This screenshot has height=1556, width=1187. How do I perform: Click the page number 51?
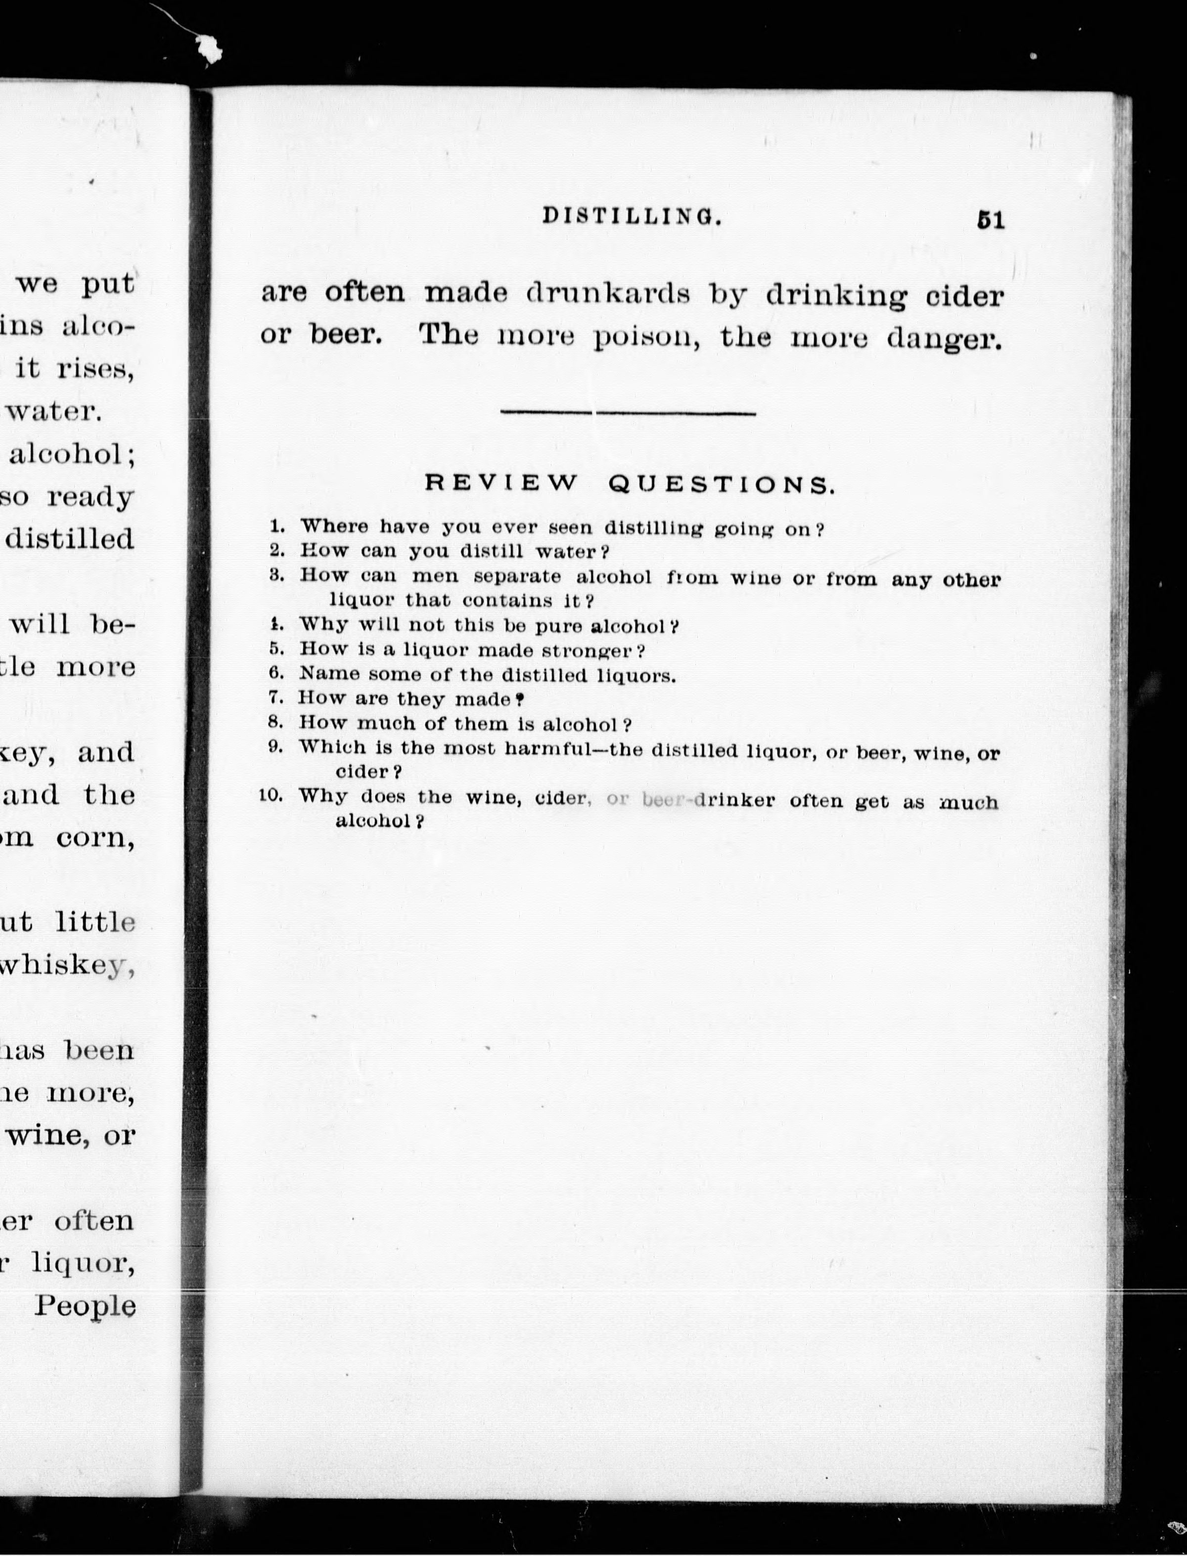[x=990, y=221]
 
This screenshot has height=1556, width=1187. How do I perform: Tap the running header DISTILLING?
[x=633, y=216]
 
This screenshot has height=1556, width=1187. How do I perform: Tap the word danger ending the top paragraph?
[x=945, y=340]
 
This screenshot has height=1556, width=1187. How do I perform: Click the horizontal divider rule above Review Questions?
[x=628, y=413]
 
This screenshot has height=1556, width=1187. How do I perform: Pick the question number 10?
[x=272, y=795]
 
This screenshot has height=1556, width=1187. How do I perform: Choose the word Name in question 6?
[x=329, y=673]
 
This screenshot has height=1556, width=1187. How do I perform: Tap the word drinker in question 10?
[x=735, y=800]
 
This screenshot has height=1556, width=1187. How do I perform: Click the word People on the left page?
[x=85, y=1305]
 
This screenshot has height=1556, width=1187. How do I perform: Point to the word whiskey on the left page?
[x=66, y=965]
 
